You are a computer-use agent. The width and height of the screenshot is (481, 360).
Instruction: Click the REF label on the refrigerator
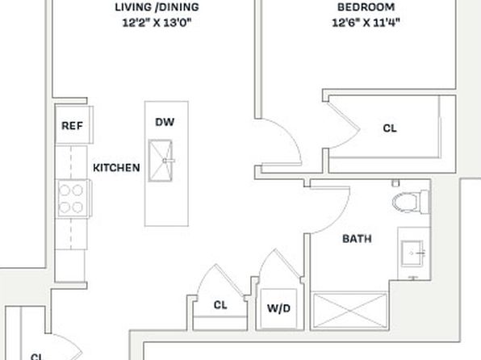pos(72,126)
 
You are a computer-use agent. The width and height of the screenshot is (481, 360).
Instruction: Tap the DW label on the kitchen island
pos(165,122)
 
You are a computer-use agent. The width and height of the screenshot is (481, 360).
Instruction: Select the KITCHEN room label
pos(116,168)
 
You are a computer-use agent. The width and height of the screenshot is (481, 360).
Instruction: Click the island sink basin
pos(161,161)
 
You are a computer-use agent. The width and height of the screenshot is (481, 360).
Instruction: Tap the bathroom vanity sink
pos(412,253)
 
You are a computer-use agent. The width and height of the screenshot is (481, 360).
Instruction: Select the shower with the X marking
pos(350,311)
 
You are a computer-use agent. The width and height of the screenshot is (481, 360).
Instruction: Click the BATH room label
pos(357,238)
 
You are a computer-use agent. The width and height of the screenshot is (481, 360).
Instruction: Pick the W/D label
pos(278,308)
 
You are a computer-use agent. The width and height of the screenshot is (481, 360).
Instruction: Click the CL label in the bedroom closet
pos(390,128)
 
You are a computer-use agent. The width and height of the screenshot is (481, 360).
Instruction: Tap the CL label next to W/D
pos(220,305)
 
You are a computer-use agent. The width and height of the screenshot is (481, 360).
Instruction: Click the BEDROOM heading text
pos(366,7)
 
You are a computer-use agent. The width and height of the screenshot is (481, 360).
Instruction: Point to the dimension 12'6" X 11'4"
pos(366,23)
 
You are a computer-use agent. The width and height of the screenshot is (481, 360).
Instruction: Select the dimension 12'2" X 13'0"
pos(157,23)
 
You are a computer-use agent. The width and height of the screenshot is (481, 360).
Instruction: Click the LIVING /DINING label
pos(157,7)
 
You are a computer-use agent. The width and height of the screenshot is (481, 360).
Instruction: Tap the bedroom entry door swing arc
pos(291,134)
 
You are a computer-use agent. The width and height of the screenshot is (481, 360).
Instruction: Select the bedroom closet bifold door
pos(344,126)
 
